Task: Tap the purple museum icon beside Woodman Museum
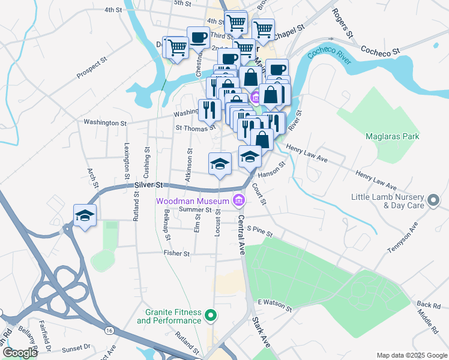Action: coord(239,200)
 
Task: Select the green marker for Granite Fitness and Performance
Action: coord(210,314)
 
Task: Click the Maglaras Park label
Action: coord(392,136)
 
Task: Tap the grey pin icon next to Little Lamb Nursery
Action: coord(433,200)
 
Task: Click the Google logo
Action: coord(19,353)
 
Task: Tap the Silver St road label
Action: coord(148,185)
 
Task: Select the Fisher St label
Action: coord(176,254)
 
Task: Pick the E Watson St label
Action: coord(274,305)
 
